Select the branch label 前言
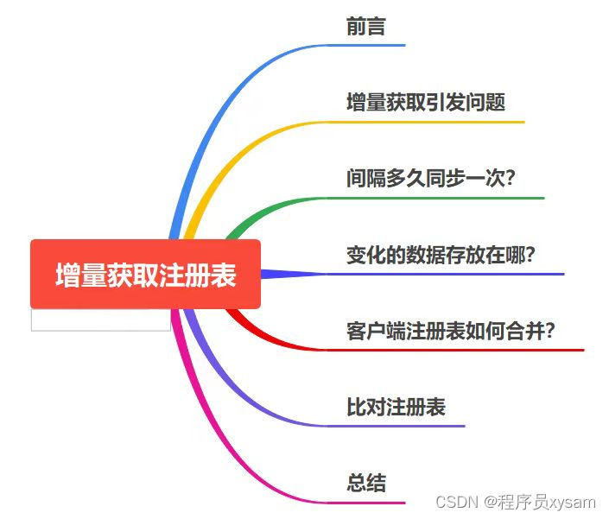[x=365, y=27]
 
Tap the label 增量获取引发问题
[x=425, y=103]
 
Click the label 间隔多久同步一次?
[x=430, y=179]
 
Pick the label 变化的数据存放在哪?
[x=441, y=255]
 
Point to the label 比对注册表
[x=396, y=407]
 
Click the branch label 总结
[x=365, y=483]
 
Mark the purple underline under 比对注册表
[x=415, y=426]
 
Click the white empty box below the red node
[x=100, y=320]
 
